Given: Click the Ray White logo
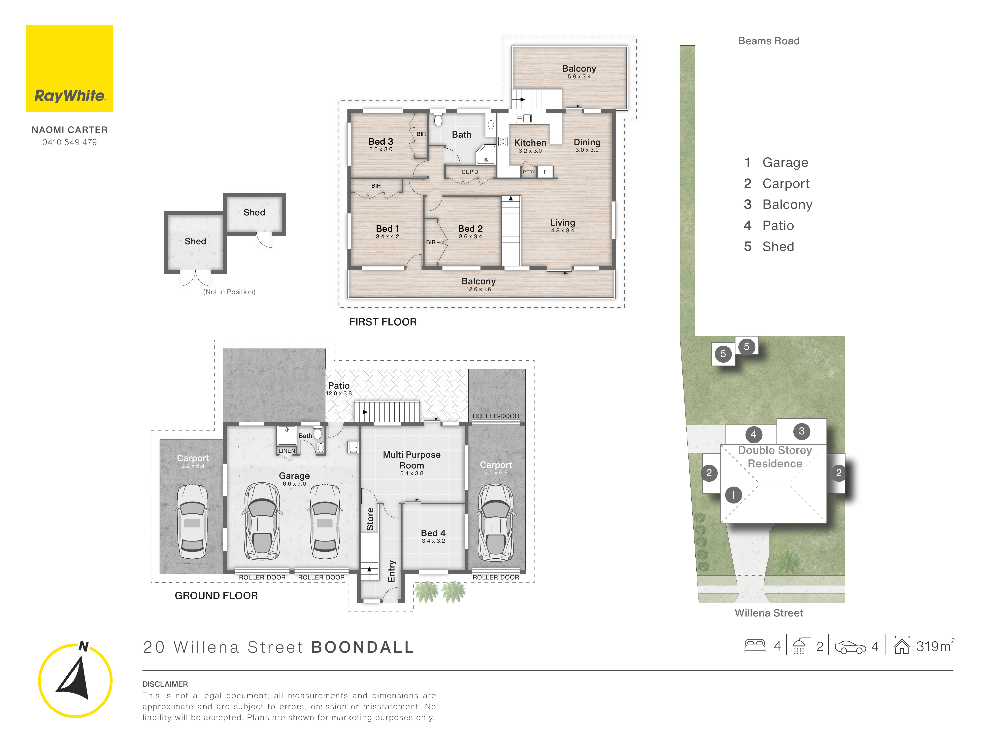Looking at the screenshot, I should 70,68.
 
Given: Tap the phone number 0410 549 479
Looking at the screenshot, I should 70,142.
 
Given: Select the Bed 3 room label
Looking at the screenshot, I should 381,142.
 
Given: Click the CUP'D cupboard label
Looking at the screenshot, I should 470,172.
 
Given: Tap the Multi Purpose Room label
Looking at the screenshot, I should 412,460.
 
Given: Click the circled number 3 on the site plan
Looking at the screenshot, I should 801,431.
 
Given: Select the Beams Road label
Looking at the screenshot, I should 768,41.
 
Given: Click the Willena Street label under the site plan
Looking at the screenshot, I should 768,613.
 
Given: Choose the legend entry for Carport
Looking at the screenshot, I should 785,183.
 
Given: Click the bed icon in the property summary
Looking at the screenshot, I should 755,646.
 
